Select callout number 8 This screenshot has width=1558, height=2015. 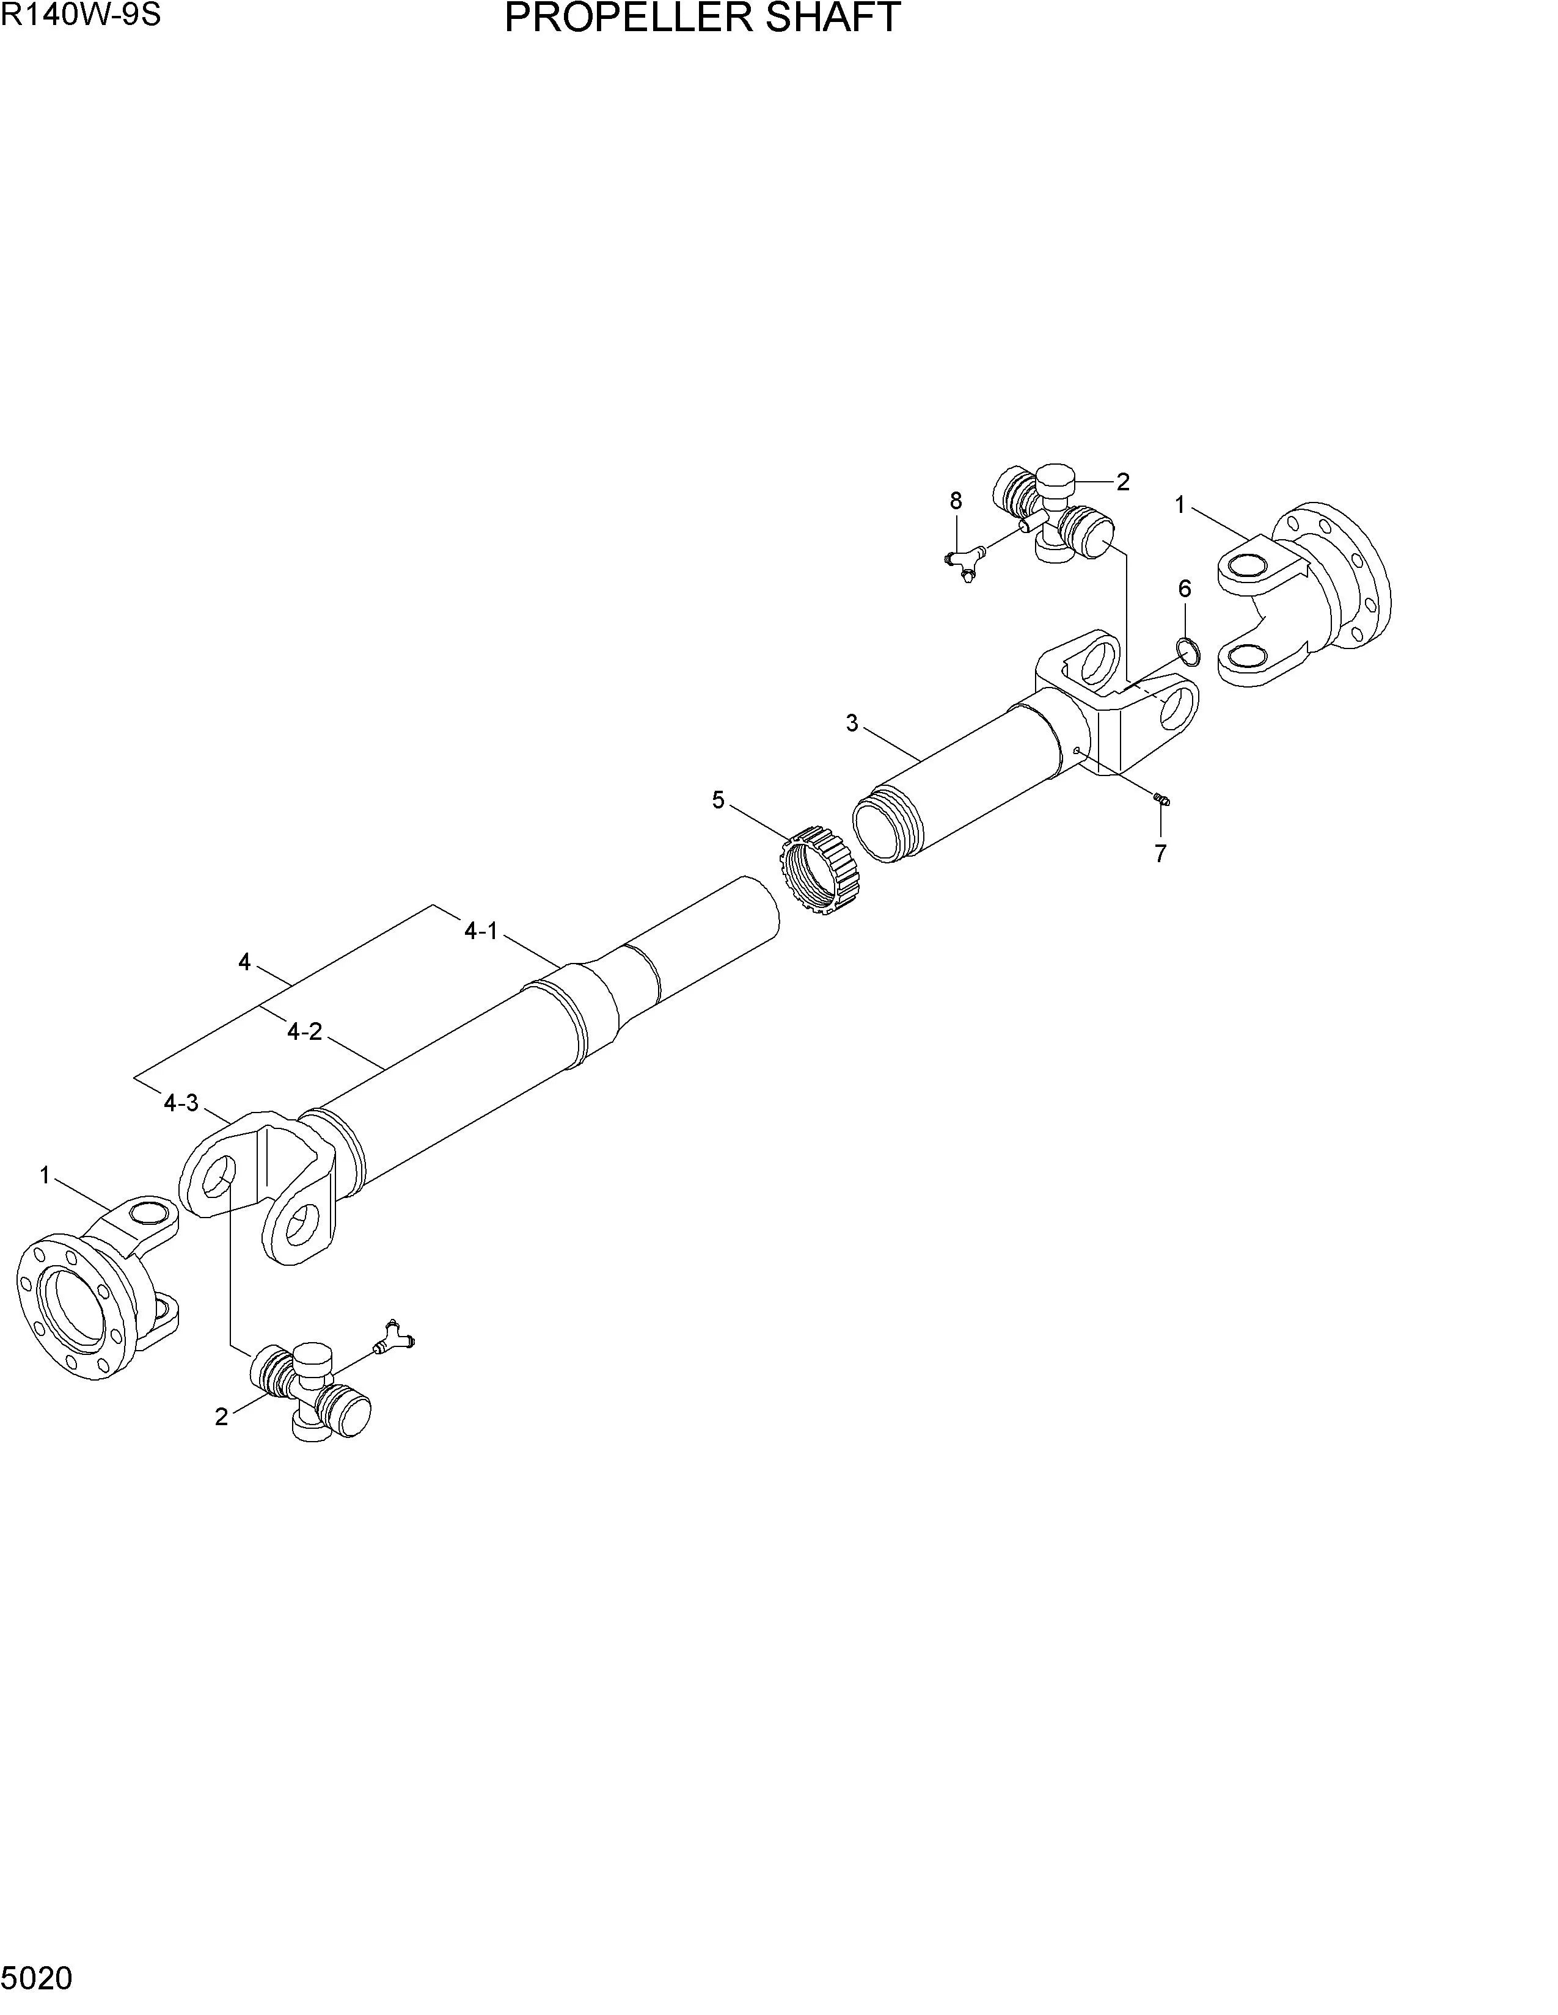tap(956, 501)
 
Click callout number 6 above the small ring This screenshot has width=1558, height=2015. tap(1184, 589)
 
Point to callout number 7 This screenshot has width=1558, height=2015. tap(1160, 854)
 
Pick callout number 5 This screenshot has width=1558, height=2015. tap(718, 800)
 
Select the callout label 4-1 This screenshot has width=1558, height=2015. tap(481, 932)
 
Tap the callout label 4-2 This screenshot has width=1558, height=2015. tap(305, 1031)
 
